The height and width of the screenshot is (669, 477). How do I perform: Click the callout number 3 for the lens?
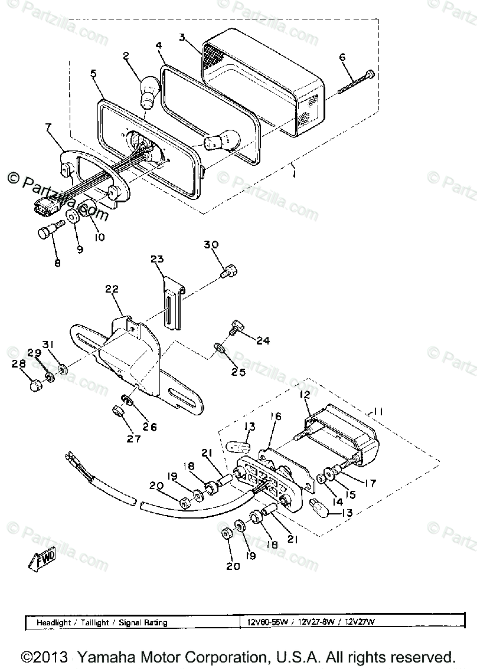pyautogui.click(x=182, y=37)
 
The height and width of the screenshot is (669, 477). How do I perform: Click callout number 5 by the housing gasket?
pyautogui.click(x=93, y=74)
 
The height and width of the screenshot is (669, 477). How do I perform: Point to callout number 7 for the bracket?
pyautogui.click(x=48, y=127)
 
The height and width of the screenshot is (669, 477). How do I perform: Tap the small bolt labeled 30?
pyautogui.click(x=229, y=271)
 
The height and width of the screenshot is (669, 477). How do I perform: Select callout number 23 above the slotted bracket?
pyautogui.click(x=156, y=260)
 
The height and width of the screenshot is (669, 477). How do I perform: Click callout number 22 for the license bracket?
pyautogui.click(x=112, y=289)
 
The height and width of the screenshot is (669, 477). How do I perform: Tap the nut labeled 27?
pyautogui.click(x=117, y=412)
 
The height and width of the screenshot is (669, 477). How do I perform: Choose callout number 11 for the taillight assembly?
pyautogui.click(x=377, y=412)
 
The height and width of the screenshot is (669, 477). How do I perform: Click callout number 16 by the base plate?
pyautogui.click(x=276, y=416)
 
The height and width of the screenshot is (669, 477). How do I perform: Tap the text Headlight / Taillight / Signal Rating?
pyautogui.click(x=102, y=622)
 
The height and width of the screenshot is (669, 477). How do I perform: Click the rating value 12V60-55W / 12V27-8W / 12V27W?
pyautogui.click(x=311, y=622)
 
